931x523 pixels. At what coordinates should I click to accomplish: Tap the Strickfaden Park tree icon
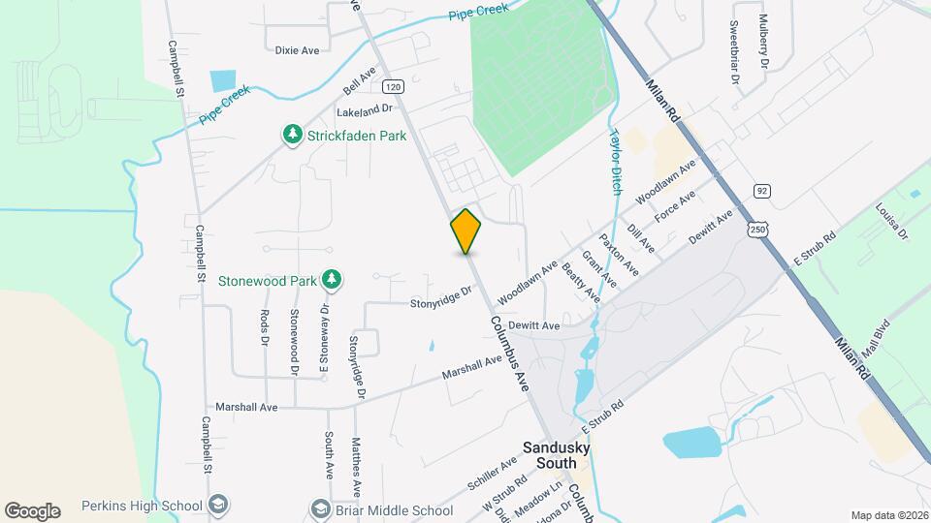pyautogui.click(x=292, y=136)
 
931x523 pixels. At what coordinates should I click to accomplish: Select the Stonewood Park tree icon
pyautogui.click(x=332, y=281)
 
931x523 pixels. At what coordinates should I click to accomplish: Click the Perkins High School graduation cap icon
pyautogui.click(x=219, y=505)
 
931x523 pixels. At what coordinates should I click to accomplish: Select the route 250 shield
pyautogui.click(x=756, y=228)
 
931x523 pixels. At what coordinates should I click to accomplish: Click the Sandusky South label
pyautogui.click(x=556, y=454)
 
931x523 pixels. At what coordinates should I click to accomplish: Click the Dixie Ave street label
pyautogui.click(x=297, y=50)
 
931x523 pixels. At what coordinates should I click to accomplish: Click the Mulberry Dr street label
pyautogui.click(x=764, y=41)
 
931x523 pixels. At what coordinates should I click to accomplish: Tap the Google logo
pyautogui.click(x=32, y=510)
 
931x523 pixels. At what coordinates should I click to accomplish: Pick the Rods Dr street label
pyautogui.click(x=264, y=327)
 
